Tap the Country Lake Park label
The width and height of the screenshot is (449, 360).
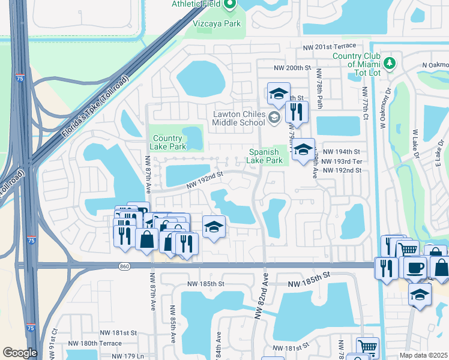[169, 142]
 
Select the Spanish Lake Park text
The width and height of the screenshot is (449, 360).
[266, 156]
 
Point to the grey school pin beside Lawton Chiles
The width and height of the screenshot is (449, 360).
[274, 117]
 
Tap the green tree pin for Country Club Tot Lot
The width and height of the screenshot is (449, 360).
[390, 62]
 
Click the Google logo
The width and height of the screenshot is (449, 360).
[20, 353]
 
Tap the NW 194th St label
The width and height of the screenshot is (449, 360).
[340, 152]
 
